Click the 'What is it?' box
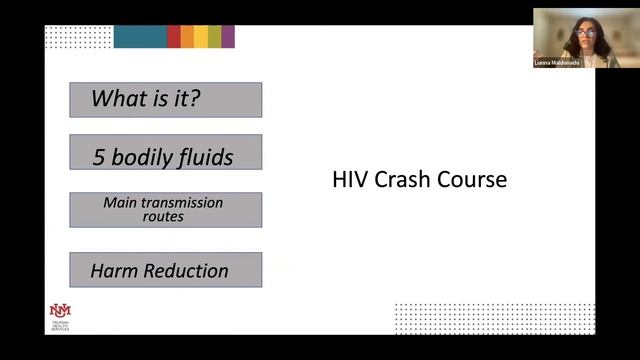pyautogui.click(x=165, y=100)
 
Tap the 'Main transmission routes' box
pyautogui.click(x=165, y=209)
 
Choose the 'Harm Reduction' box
pyautogui.click(x=165, y=270)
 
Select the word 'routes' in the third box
pyautogui.click(x=163, y=216)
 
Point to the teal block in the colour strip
pyautogui.click(x=139, y=37)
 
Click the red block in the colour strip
pyautogui.click(x=174, y=37)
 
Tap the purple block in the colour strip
pyautogui.click(x=228, y=37)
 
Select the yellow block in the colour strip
pyautogui.click(x=201, y=37)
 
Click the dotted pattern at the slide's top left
pyautogui.click(x=78, y=37)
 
